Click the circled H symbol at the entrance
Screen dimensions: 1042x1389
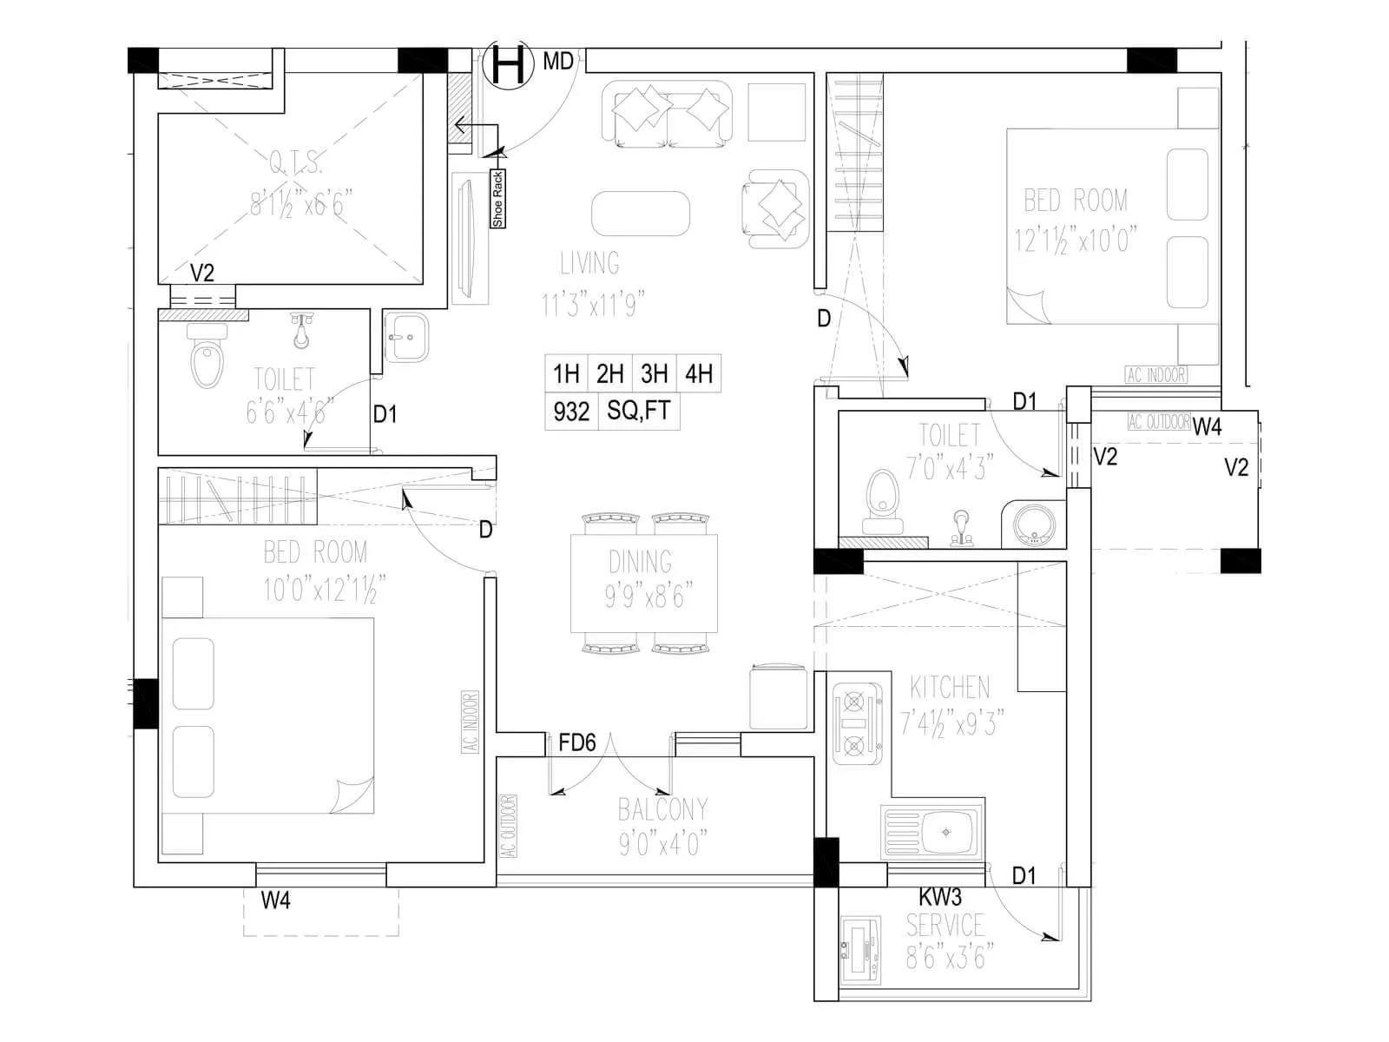508,64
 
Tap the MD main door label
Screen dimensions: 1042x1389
558,62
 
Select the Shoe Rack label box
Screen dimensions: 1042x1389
497,200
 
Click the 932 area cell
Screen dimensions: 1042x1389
571,412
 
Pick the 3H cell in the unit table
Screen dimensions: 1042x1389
655,374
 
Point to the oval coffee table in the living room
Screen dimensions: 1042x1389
641,214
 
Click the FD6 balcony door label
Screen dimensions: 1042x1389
577,743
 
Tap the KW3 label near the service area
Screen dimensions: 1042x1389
939,897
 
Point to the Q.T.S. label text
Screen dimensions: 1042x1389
296,162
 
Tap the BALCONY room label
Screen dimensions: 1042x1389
662,809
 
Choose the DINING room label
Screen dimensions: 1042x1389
640,562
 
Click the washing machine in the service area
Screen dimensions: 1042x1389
861,952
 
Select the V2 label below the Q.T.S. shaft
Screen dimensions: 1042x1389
201,274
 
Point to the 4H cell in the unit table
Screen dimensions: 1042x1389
699,374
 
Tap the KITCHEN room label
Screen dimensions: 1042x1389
950,688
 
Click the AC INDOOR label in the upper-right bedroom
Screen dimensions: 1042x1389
1155,375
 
